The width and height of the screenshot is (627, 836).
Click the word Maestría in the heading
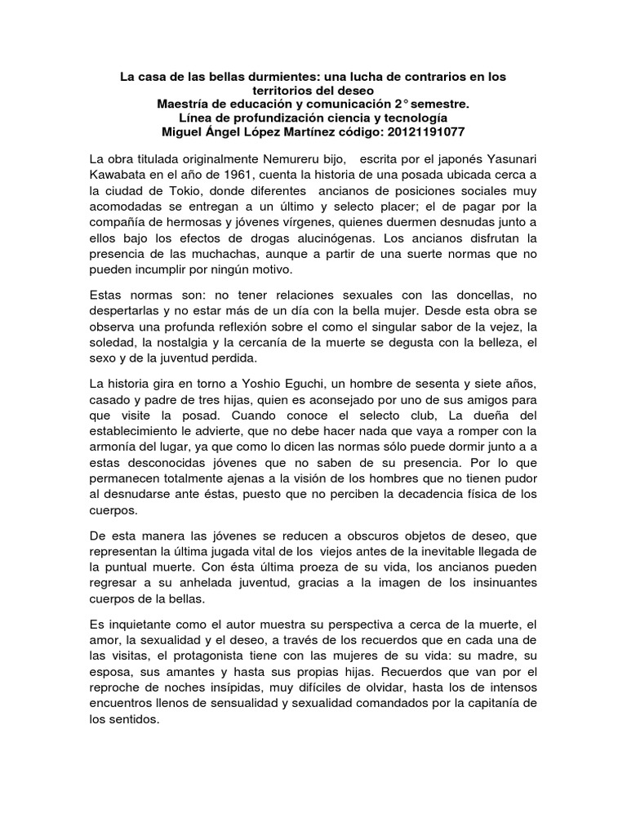184,104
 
